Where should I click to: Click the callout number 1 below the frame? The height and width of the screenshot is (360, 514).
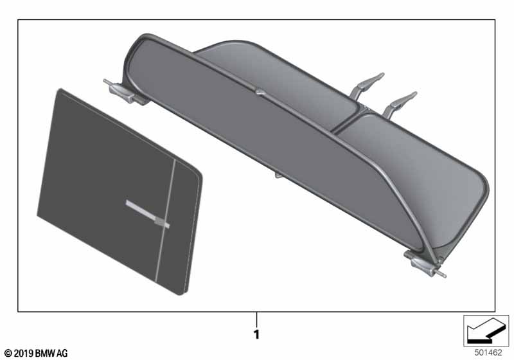point(256,335)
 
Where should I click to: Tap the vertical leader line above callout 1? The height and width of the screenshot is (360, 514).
point(256,319)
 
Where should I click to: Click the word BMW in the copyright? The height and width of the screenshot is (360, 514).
point(45,353)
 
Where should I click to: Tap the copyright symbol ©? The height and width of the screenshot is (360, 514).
point(7,353)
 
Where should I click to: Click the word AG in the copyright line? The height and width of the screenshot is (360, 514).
point(62,353)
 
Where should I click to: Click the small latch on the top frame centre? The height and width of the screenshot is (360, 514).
point(259,93)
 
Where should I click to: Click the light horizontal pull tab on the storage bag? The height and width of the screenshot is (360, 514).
point(146,212)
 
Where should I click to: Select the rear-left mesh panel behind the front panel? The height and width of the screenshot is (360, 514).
point(276,77)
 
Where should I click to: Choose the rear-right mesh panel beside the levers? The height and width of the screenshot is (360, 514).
point(411,167)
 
